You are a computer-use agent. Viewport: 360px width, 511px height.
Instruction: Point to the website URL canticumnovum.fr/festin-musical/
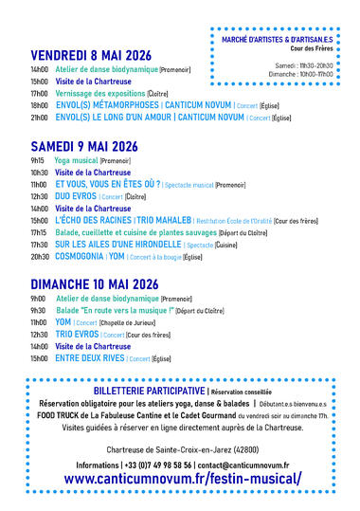[x=182, y=479]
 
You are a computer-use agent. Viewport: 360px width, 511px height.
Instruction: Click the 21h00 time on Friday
[x=39, y=119]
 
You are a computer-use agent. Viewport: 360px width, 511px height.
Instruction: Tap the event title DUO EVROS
[x=74, y=196]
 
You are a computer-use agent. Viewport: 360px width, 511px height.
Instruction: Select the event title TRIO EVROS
[x=76, y=335]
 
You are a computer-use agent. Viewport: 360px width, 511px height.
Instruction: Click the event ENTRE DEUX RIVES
[x=89, y=358]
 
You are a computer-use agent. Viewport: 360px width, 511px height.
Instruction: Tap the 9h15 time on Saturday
[x=37, y=161]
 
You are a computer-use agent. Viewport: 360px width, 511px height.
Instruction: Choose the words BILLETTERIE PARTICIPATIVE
[x=146, y=391]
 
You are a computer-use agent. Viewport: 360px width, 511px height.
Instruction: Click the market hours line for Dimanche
[x=299, y=73]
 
